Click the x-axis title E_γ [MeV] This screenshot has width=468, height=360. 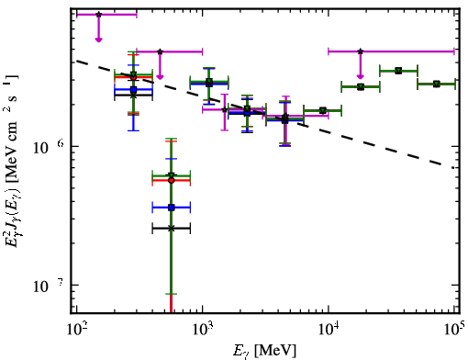(264, 350)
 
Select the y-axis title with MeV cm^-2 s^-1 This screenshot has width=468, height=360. (12, 162)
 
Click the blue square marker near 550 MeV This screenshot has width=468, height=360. (172, 208)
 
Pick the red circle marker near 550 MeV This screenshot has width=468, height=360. (172, 181)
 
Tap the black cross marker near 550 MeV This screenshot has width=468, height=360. (172, 229)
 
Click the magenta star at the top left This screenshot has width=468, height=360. (98, 15)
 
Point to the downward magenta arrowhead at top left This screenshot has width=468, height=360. (98, 39)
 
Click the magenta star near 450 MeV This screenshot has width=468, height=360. (160, 51)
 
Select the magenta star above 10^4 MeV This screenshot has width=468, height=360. (361, 51)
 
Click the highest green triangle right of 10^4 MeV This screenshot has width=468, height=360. (398, 71)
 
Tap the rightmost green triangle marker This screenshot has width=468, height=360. (437, 84)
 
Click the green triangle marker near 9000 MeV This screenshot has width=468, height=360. (322, 110)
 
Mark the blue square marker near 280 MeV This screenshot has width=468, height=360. (133, 90)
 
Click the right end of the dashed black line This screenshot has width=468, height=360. (454, 168)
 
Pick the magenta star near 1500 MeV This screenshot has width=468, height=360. (225, 109)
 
